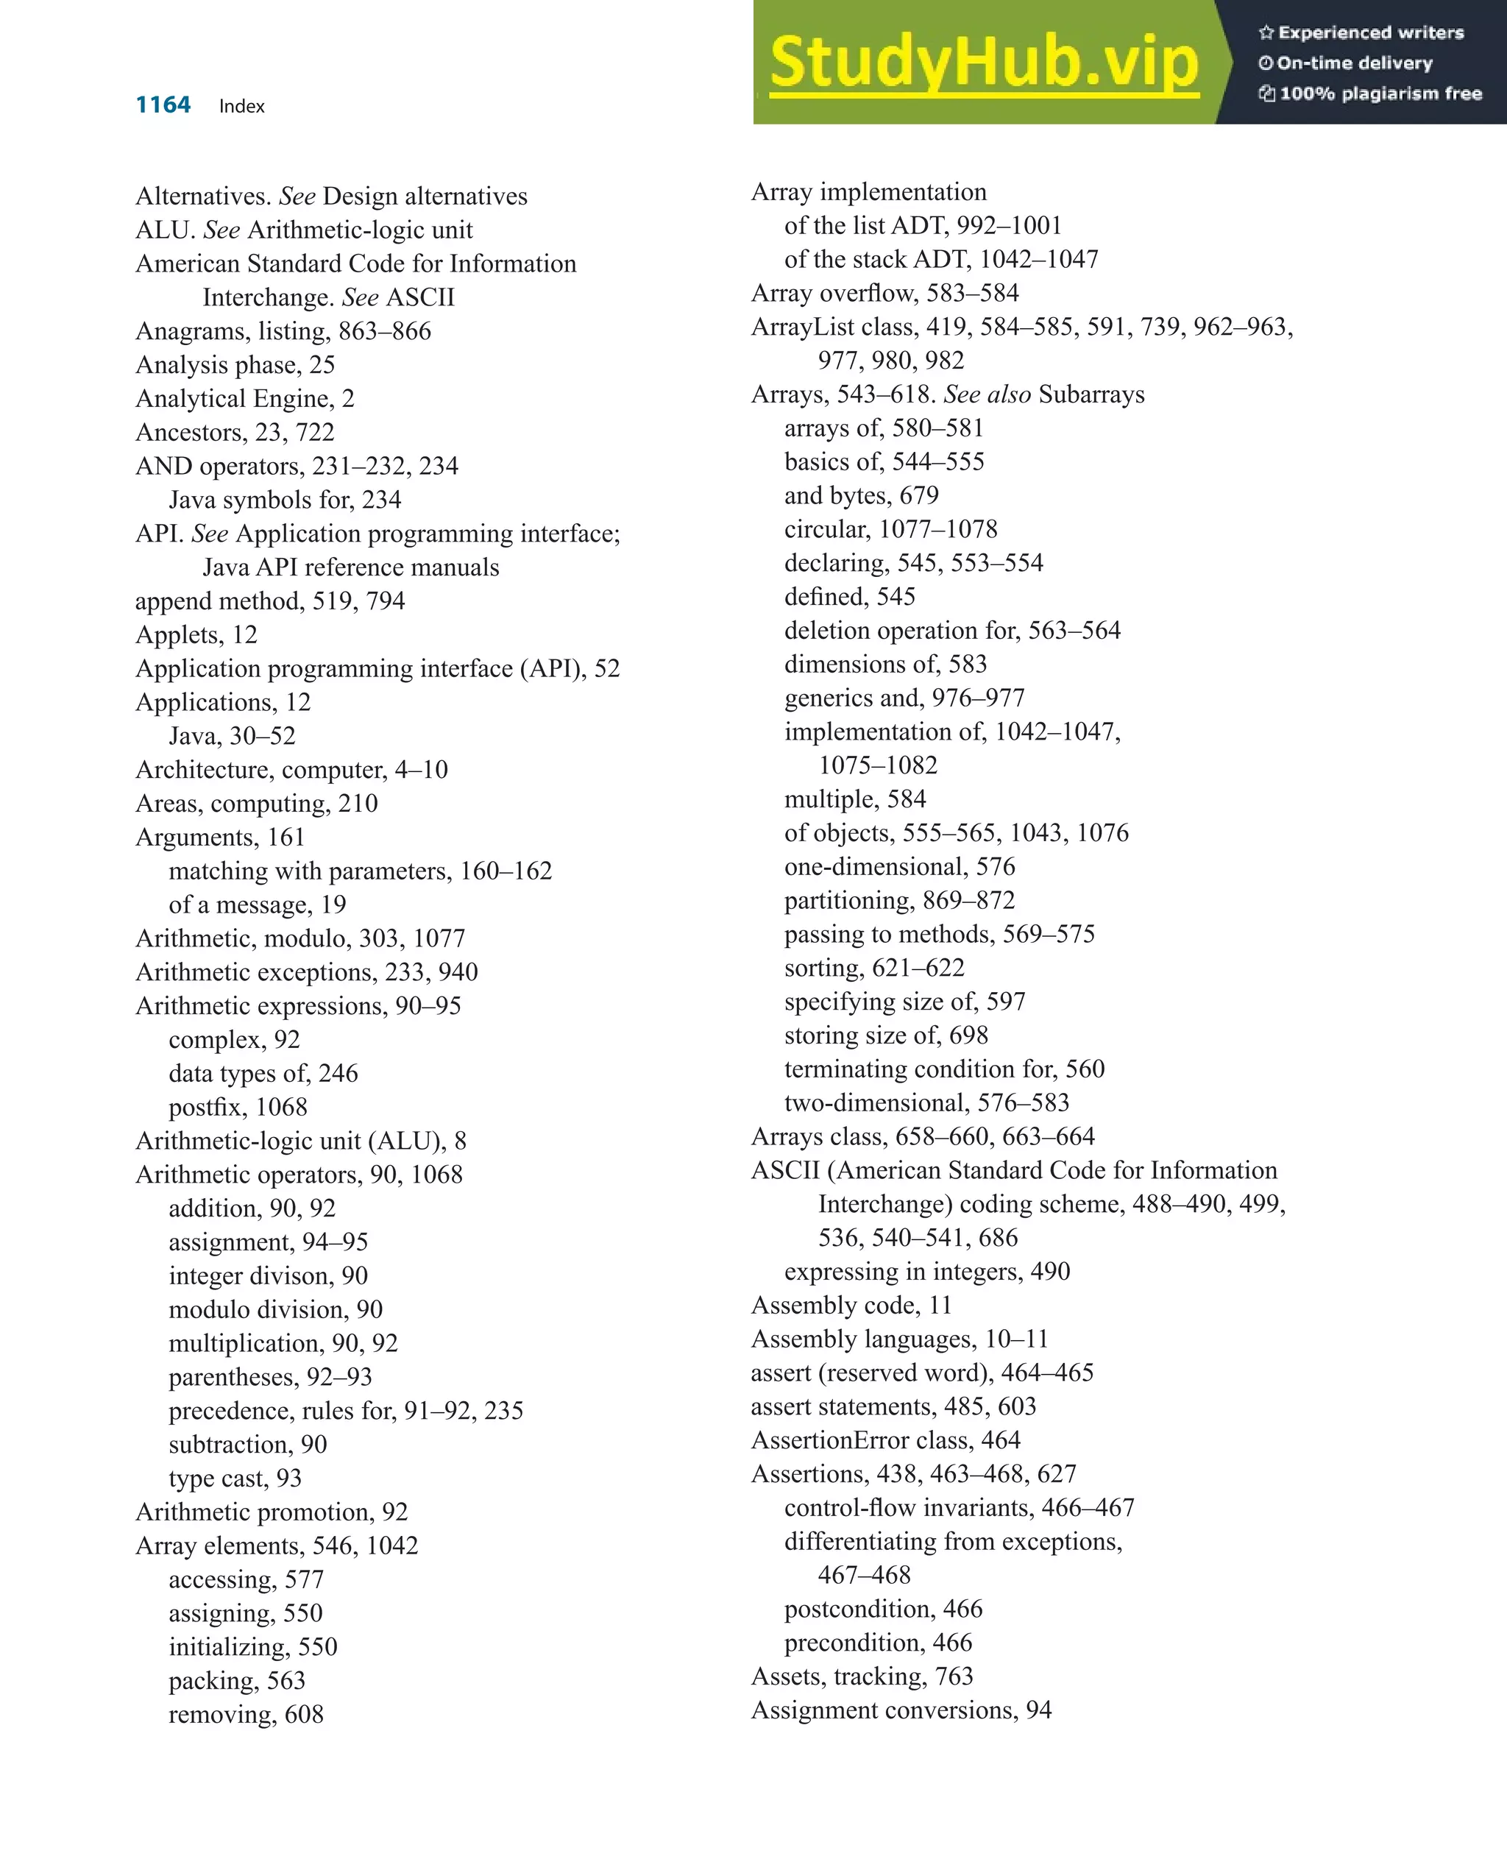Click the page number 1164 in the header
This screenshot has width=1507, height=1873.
click(163, 105)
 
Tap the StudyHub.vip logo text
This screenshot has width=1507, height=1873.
click(983, 62)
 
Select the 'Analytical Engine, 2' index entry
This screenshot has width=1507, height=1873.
click(245, 399)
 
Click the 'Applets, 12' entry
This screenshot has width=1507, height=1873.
click(196, 635)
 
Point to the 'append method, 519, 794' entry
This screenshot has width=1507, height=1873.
click(270, 601)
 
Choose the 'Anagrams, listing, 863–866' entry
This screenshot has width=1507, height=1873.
click(283, 331)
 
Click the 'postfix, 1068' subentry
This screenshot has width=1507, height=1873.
click(238, 1108)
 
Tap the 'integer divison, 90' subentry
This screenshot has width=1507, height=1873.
click(269, 1276)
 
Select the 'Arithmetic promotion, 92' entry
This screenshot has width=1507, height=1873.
click(272, 1512)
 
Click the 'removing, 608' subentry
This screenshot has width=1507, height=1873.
click(246, 1715)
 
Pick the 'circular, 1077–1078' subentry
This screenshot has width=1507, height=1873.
click(890, 529)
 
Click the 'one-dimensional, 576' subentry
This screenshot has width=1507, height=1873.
click(899, 867)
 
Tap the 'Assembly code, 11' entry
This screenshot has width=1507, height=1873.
click(851, 1306)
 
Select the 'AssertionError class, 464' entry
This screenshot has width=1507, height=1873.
click(886, 1440)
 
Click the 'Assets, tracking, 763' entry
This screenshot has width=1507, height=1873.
click(862, 1677)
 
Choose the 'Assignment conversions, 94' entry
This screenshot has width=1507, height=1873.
click(901, 1710)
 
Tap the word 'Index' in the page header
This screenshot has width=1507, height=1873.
click(241, 107)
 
